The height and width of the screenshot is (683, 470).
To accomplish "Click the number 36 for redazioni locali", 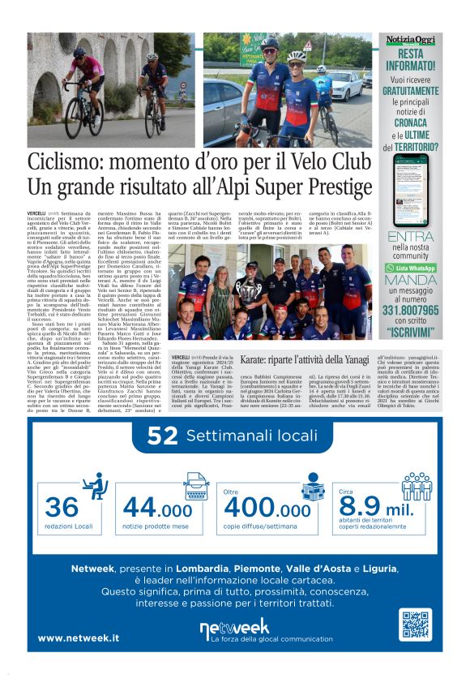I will (62, 507).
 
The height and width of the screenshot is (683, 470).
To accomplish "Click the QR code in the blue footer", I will (414, 625).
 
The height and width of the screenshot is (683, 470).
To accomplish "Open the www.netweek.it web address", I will (79, 638).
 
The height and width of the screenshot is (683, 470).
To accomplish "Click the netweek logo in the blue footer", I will (235, 627).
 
